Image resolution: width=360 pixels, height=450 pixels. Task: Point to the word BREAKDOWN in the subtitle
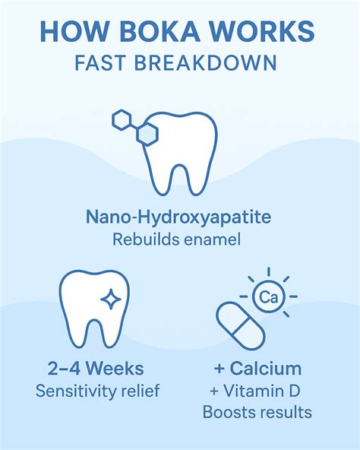coord(205,63)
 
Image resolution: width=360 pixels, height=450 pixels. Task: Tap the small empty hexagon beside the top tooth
coord(122,120)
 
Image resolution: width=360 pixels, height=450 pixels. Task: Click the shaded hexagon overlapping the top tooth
coord(147,134)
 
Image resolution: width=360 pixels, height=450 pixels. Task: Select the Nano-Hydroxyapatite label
coord(178,217)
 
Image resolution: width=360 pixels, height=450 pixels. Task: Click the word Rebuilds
coord(144,239)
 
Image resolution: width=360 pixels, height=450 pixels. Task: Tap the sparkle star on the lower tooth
coord(111,299)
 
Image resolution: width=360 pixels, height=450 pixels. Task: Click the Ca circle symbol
coord(269,296)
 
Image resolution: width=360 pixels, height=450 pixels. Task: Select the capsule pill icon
coord(241,326)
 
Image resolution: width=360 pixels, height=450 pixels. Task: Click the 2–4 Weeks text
coord(96,368)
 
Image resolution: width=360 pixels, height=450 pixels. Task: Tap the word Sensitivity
coord(74,391)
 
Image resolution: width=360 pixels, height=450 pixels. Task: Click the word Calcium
coord(265,368)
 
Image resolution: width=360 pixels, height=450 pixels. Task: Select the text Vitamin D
coord(261,391)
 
